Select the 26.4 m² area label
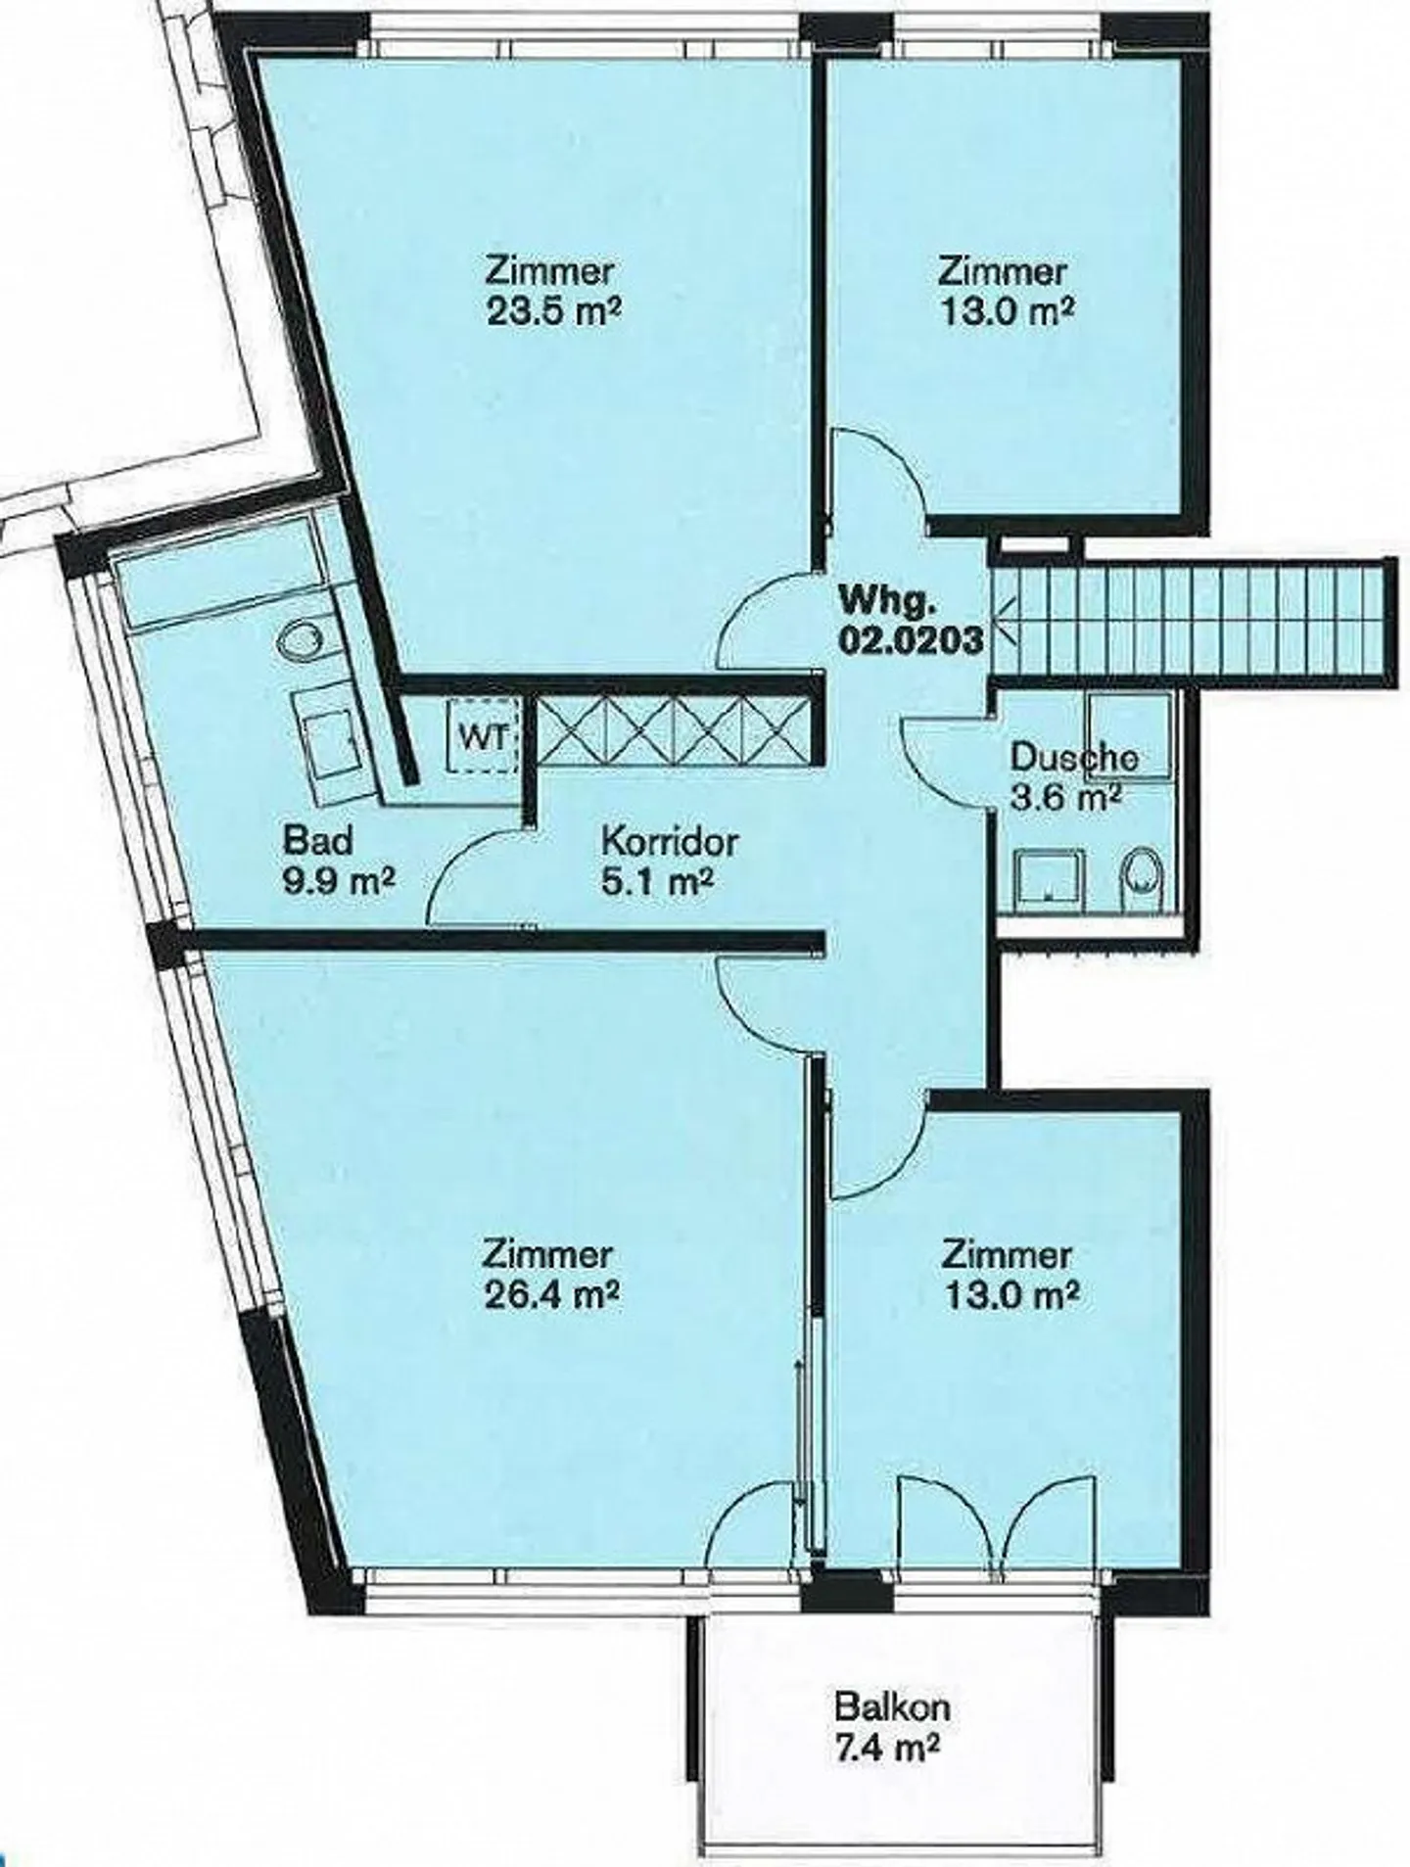(552, 1295)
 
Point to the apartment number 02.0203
(910, 640)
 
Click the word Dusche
(1073, 758)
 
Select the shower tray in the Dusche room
(1049, 876)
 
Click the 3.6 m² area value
(1063, 797)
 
